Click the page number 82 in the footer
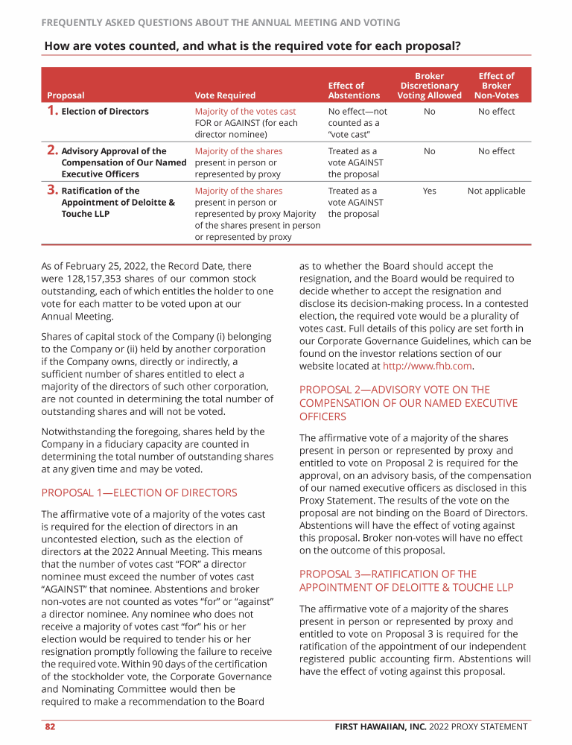tap(50, 726)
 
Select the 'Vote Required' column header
tap(225, 95)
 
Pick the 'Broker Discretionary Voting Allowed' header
tap(429, 86)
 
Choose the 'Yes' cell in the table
tap(429, 191)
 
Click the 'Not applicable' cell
tap(496, 191)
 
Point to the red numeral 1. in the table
tap(52, 111)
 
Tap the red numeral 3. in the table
tap(52, 191)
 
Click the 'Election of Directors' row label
tap(105, 112)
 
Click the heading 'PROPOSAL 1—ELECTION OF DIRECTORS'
tap(139, 492)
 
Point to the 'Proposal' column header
tap(66, 95)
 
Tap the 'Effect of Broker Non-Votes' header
tap(496, 86)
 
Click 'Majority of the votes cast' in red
tap(245, 112)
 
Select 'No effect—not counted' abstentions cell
tap(357, 117)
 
